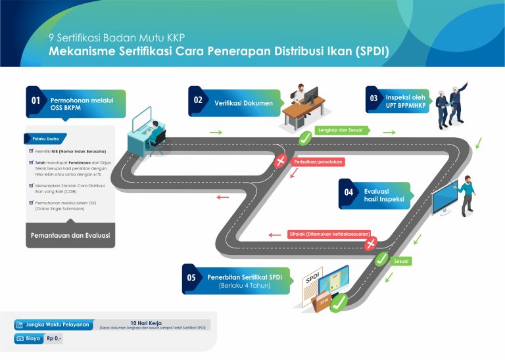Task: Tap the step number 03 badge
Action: point(373,99)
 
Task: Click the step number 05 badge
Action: point(191,277)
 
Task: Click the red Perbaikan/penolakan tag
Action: point(318,161)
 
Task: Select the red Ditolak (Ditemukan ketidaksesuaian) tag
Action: point(329,233)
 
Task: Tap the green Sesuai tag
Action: point(401,261)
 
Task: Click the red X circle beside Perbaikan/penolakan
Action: point(281,161)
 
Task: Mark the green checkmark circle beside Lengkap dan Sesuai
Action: point(304,139)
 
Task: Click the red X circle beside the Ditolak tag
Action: point(371,244)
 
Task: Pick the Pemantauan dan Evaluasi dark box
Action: point(70,235)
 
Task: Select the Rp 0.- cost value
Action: point(55,339)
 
